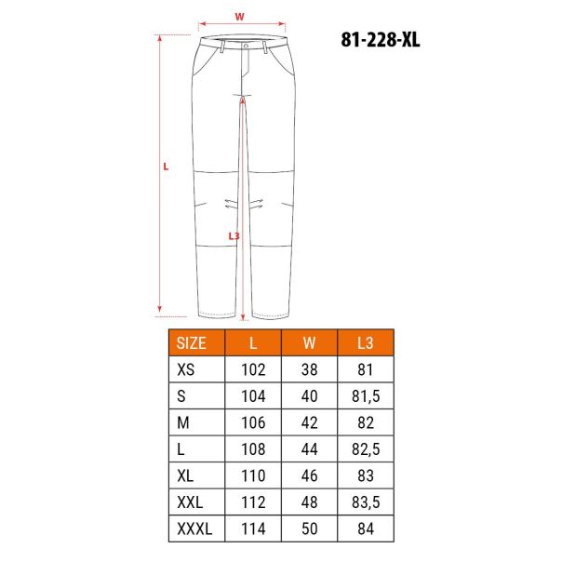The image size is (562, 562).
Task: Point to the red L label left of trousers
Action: pos(166,167)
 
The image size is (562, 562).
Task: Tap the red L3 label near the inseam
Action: pos(234,236)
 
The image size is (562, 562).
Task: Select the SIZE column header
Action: pos(197,341)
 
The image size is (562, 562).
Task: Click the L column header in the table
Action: pos(253,341)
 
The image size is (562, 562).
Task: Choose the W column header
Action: pos(310,341)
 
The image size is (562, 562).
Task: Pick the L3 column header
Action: pos(365,341)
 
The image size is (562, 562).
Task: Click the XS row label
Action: pos(186,369)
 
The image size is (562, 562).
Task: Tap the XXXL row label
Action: pos(194,529)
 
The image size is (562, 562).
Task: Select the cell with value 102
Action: pos(253,369)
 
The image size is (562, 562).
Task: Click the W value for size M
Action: pos(310,422)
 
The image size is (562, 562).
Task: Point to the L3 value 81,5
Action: pos(365,396)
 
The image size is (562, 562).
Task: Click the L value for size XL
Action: pos(253,476)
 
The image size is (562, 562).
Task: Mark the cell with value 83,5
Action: pos(365,502)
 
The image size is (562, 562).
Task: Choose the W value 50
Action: pos(310,529)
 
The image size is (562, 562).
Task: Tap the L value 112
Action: pos(253,502)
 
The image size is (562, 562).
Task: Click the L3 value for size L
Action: pos(365,449)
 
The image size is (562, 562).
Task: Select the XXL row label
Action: pos(190,502)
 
